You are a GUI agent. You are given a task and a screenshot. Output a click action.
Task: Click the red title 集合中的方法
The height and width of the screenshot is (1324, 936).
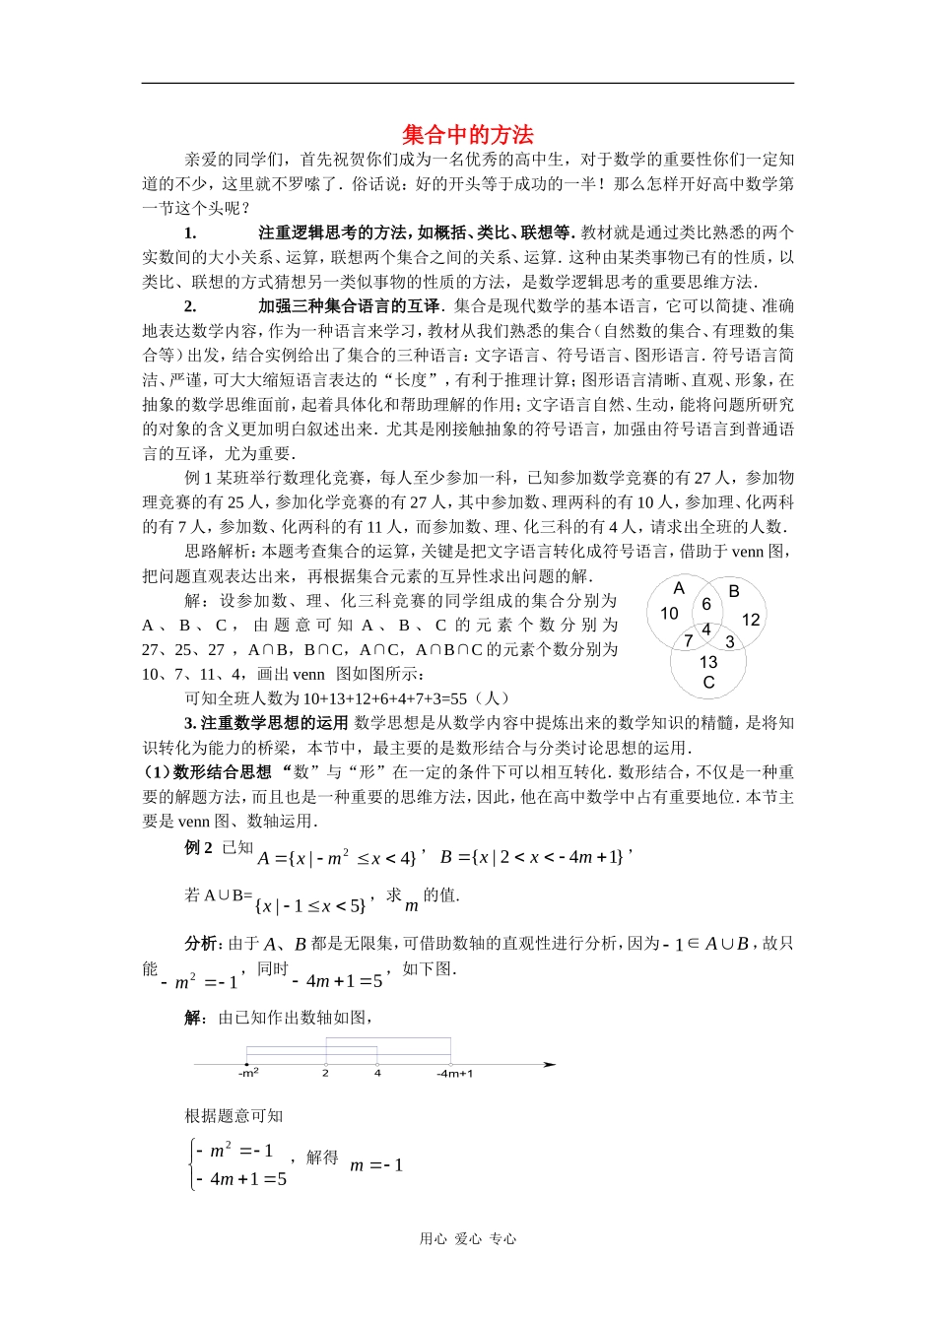467,135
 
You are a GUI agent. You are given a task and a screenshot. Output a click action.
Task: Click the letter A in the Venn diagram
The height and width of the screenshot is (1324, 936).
679,589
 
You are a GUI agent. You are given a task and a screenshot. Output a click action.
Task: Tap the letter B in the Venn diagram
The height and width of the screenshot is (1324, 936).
733,591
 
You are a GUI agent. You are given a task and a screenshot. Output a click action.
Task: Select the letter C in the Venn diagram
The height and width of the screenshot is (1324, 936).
708,682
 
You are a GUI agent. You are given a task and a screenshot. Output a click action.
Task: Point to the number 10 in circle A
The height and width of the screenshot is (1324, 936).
669,614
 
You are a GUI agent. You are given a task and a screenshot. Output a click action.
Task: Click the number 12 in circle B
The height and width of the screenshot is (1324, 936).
751,620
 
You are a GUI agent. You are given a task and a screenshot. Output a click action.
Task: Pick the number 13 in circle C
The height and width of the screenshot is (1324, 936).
708,662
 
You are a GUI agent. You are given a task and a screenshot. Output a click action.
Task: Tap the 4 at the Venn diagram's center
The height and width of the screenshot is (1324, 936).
705,629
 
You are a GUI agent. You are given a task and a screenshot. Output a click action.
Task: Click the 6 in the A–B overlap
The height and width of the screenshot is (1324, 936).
705,605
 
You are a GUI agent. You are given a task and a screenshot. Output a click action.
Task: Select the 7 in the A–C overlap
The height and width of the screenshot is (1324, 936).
688,641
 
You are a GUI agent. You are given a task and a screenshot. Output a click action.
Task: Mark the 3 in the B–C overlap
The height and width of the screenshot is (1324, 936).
729,642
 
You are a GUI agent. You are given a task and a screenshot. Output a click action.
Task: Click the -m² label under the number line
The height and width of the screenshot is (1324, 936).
248,1073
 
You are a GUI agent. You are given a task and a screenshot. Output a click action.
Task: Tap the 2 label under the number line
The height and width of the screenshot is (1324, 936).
325,1073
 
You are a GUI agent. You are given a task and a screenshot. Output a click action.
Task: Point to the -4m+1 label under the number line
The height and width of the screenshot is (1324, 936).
454,1073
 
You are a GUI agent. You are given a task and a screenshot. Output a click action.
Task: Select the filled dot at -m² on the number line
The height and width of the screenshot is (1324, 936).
246,1064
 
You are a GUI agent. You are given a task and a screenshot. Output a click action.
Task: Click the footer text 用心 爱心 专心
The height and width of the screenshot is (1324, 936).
467,1239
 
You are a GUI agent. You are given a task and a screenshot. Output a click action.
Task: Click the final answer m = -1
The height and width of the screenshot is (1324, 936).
376,1165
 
